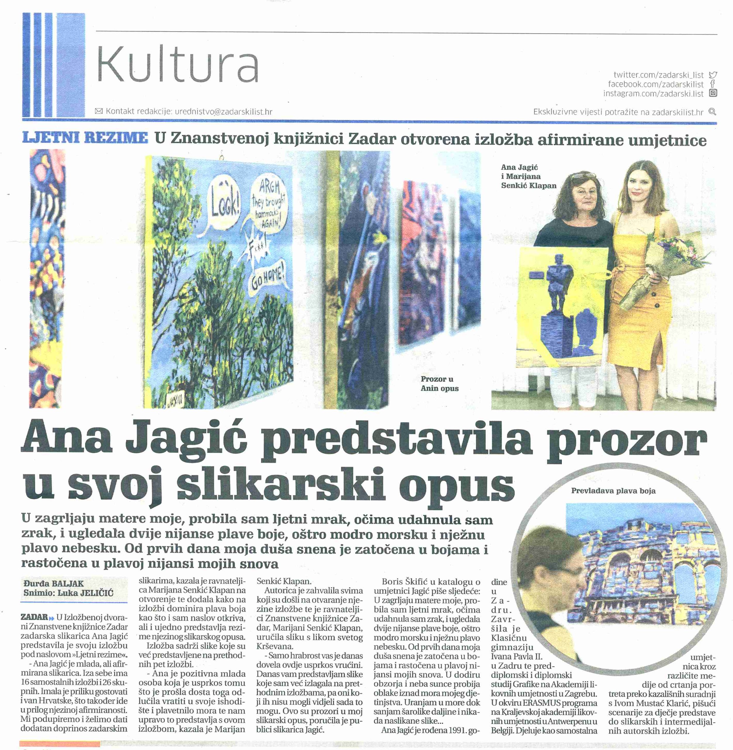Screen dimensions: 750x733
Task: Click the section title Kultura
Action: [x=177, y=64]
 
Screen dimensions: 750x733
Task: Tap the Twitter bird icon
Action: [x=713, y=75]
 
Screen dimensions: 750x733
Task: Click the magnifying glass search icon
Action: [x=712, y=112]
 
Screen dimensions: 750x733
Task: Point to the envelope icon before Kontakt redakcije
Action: [x=99, y=111]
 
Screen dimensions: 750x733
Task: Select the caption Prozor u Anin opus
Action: [x=439, y=383]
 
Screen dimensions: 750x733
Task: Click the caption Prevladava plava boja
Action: [x=613, y=491]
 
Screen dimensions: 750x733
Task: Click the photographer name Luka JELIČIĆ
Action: [x=85, y=593]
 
